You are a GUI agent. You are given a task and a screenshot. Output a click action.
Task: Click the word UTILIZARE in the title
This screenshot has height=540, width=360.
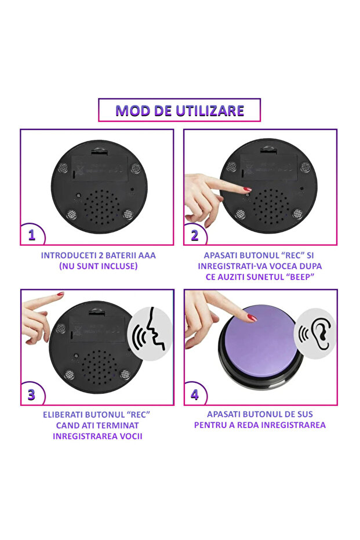tap(210, 111)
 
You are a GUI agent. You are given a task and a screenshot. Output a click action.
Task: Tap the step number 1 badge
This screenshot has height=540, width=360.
tap(32, 235)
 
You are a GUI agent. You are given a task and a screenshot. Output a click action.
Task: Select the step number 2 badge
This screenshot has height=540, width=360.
tap(195, 235)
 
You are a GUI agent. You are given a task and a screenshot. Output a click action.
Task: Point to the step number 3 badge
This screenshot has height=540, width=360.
tap(32, 394)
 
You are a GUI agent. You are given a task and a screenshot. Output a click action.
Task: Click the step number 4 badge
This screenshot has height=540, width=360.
tap(195, 394)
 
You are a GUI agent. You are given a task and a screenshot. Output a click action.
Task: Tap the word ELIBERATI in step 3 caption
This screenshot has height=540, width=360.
tap(62, 415)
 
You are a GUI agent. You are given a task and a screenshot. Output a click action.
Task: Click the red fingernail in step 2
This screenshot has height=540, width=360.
tap(248, 189)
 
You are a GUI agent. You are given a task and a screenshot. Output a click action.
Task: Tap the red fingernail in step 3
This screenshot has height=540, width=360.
tap(60, 294)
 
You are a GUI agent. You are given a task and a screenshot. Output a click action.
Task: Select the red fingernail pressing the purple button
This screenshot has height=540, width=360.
tap(252, 317)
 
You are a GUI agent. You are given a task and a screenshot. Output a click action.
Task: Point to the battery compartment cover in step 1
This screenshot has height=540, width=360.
tap(100, 168)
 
